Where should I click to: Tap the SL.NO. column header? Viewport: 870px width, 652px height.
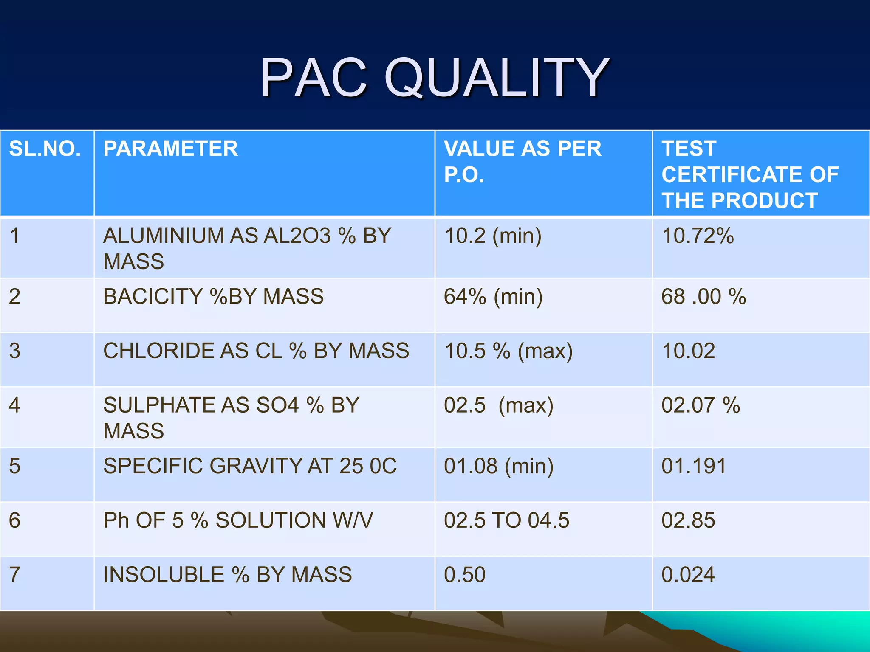pyautogui.click(x=45, y=149)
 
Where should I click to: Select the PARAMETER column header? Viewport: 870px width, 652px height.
pyautogui.click(x=171, y=149)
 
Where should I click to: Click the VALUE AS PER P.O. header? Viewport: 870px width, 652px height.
pyautogui.click(x=523, y=161)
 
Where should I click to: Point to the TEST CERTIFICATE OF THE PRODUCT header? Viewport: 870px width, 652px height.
pyautogui.click(x=750, y=174)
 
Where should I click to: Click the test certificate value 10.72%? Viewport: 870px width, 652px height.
pyautogui.click(x=698, y=236)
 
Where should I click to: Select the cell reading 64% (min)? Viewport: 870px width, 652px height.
pyautogui.click(x=493, y=297)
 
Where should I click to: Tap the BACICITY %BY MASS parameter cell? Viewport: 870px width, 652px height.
pyautogui.click(x=213, y=297)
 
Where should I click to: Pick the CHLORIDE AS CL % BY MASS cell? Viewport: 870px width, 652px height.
pyautogui.click(x=256, y=351)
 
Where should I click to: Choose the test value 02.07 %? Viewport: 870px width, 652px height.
pyautogui.click(x=701, y=405)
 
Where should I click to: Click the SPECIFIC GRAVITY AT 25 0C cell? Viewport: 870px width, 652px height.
pyautogui.click(x=250, y=466)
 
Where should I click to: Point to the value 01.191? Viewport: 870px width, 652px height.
pyautogui.click(x=693, y=466)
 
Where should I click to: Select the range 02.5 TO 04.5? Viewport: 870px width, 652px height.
pyautogui.click(x=506, y=520)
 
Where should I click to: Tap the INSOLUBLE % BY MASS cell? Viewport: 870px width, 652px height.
pyautogui.click(x=228, y=575)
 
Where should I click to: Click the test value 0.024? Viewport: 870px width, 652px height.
pyautogui.click(x=688, y=575)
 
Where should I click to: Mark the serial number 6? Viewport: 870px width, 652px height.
pyautogui.click(x=15, y=520)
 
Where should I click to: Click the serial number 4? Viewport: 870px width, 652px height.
pyautogui.click(x=15, y=405)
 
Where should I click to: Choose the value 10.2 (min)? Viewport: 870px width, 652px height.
pyautogui.click(x=493, y=236)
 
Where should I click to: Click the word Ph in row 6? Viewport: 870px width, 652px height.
pyautogui.click(x=116, y=520)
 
